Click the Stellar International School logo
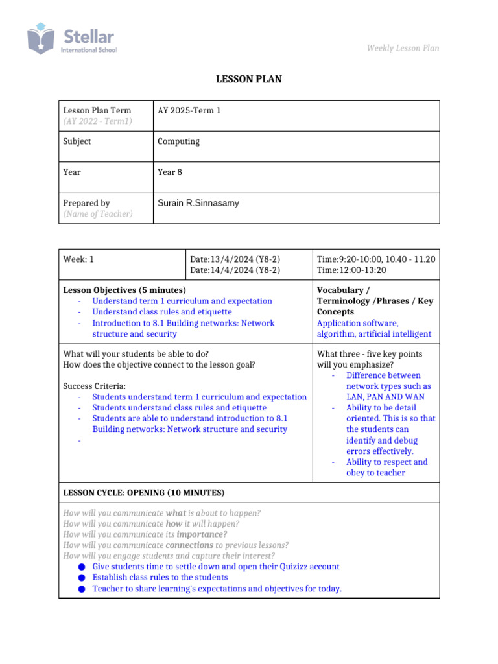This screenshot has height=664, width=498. (71, 40)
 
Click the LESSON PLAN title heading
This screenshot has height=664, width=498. (249, 80)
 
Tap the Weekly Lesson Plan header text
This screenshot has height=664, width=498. (403, 48)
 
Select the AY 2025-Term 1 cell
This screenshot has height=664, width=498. (189, 111)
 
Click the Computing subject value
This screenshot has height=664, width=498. (179, 141)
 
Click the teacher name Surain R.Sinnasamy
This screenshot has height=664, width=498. (198, 203)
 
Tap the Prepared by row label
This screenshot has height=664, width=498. (86, 203)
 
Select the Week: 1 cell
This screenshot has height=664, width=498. (78, 259)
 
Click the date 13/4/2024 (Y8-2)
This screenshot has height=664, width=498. (235, 259)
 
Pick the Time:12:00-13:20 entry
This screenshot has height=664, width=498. (351, 270)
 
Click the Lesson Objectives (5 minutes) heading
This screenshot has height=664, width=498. (124, 290)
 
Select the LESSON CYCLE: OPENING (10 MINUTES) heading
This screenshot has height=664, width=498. (144, 493)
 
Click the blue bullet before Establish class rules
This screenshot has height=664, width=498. (81, 578)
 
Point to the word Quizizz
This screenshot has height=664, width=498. (285, 567)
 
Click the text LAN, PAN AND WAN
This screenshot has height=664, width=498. (384, 397)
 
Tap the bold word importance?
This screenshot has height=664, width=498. (202, 534)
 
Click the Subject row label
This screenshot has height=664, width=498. (77, 141)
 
